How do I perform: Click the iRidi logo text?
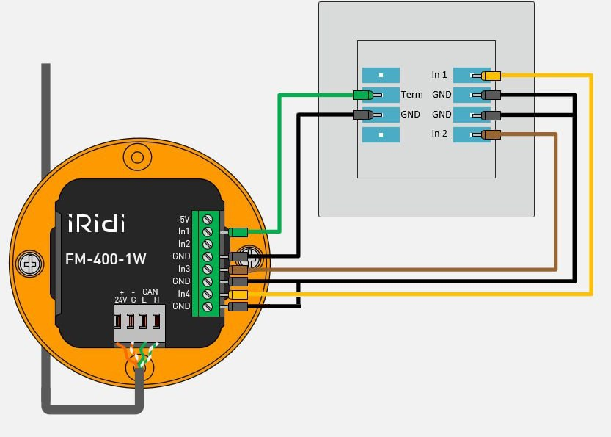tap(97, 223)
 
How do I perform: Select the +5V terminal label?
tap(182, 219)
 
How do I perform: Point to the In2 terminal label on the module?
tap(183, 244)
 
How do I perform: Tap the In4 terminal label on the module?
tap(183, 294)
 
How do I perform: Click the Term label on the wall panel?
tap(411, 95)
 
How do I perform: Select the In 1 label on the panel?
tap(439, 75)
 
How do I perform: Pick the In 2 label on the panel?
tap(439, 134)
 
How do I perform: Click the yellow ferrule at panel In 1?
tap(491, 75)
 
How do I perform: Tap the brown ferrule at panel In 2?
tap(491, 134)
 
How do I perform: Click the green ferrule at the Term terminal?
tap(362, 95)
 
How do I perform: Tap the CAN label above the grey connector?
tap(150, 292)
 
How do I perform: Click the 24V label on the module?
tap(121, 300)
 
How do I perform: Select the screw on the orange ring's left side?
tap(30, 262)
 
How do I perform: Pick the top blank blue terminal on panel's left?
tap(381, 75)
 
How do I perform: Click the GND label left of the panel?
tap(410, 115)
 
